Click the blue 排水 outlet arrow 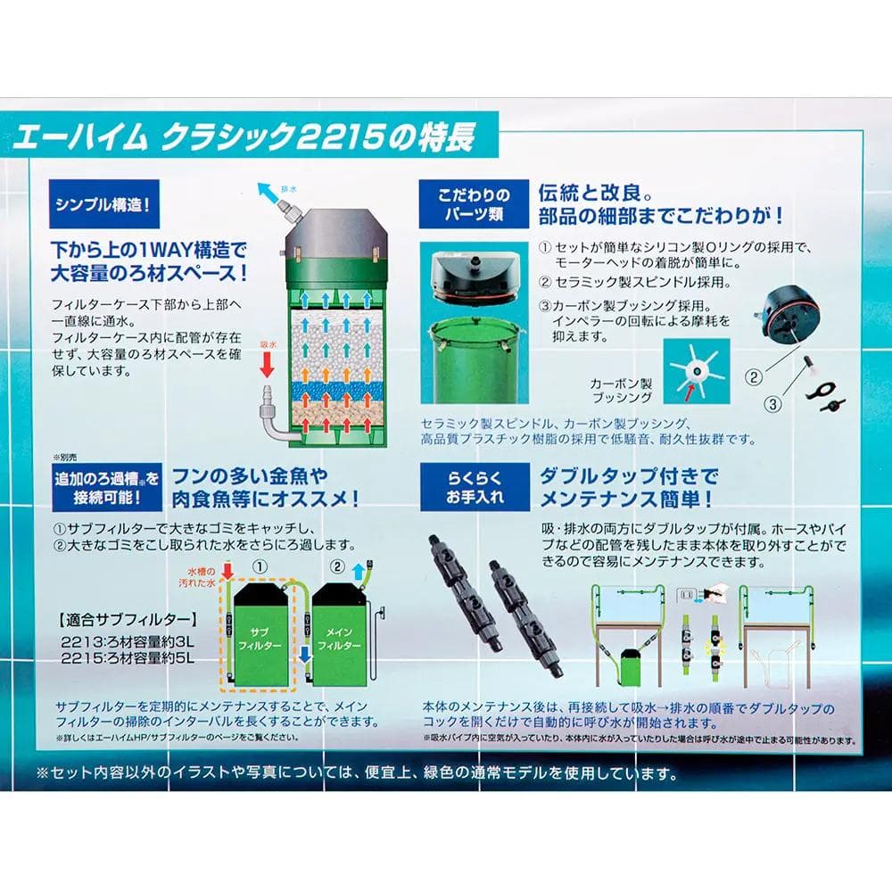[x=266, y=190]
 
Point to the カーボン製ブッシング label [x=622, y=388]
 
